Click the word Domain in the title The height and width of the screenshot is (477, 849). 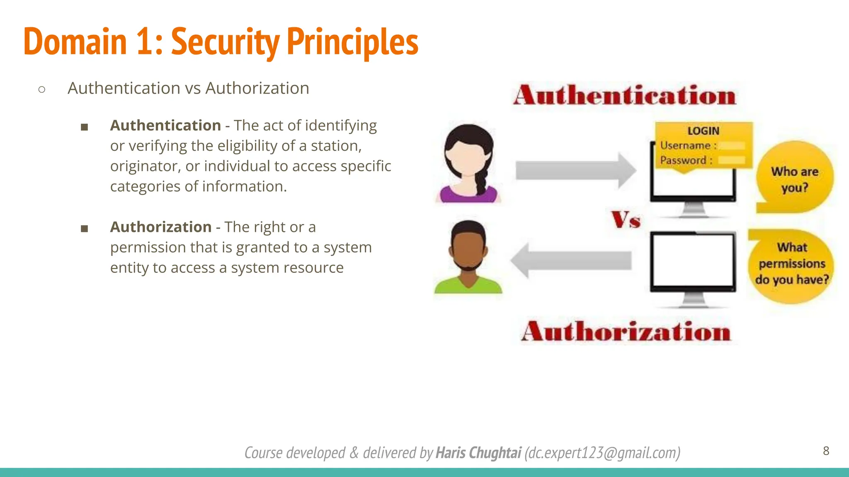coord(75,41)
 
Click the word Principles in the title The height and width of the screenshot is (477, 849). coord(352,41)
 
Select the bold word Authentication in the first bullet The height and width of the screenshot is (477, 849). coord(165,125)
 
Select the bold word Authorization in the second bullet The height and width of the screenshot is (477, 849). coord(161,227)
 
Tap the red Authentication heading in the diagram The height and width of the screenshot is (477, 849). coord(624,95)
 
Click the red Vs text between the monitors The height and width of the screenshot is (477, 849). coord(626,219)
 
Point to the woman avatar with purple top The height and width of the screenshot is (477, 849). coord(468,164)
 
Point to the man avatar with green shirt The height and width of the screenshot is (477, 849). coord(468,257)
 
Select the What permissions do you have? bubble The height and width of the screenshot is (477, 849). coord(792,264)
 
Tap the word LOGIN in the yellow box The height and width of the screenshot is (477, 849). coord(703,131)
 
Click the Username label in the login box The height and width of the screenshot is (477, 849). coord(686,146)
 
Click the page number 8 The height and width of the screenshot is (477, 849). coord(826,451)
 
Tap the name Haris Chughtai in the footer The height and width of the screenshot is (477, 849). coord(478,453)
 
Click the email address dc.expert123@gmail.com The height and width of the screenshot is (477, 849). coord(602,453)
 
